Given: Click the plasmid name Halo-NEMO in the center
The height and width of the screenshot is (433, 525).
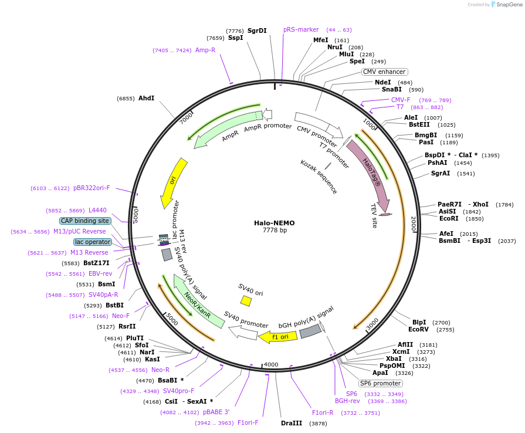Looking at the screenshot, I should (275, 223).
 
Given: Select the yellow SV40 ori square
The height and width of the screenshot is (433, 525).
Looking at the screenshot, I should (246, 301).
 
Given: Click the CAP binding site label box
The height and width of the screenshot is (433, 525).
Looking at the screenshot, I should (85, 221).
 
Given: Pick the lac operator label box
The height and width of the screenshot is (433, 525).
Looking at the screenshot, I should (93, 242).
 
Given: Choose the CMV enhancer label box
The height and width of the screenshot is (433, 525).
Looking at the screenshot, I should (384, 72).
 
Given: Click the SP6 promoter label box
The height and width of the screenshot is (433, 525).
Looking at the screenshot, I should (381, 383).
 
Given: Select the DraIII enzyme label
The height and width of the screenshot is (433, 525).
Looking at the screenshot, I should (292, 423).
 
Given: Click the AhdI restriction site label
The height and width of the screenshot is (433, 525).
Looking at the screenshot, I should (146, 98).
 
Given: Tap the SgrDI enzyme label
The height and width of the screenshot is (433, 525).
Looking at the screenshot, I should (257, 31).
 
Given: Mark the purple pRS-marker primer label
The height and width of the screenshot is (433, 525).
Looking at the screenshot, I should (301, 29).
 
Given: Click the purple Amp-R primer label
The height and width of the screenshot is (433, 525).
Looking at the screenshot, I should (205, 50).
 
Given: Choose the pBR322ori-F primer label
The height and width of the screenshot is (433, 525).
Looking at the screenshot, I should (92, 188).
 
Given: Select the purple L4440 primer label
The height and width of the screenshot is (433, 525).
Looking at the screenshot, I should (97, 210).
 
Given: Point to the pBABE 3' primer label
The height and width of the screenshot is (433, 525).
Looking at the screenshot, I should (216, 412).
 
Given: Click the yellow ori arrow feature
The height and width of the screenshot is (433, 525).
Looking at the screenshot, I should (174, 182).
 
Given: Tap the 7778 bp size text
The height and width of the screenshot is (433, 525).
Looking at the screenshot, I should (275, 231).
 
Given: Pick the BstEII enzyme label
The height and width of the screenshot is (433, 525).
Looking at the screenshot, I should (420, 124).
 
